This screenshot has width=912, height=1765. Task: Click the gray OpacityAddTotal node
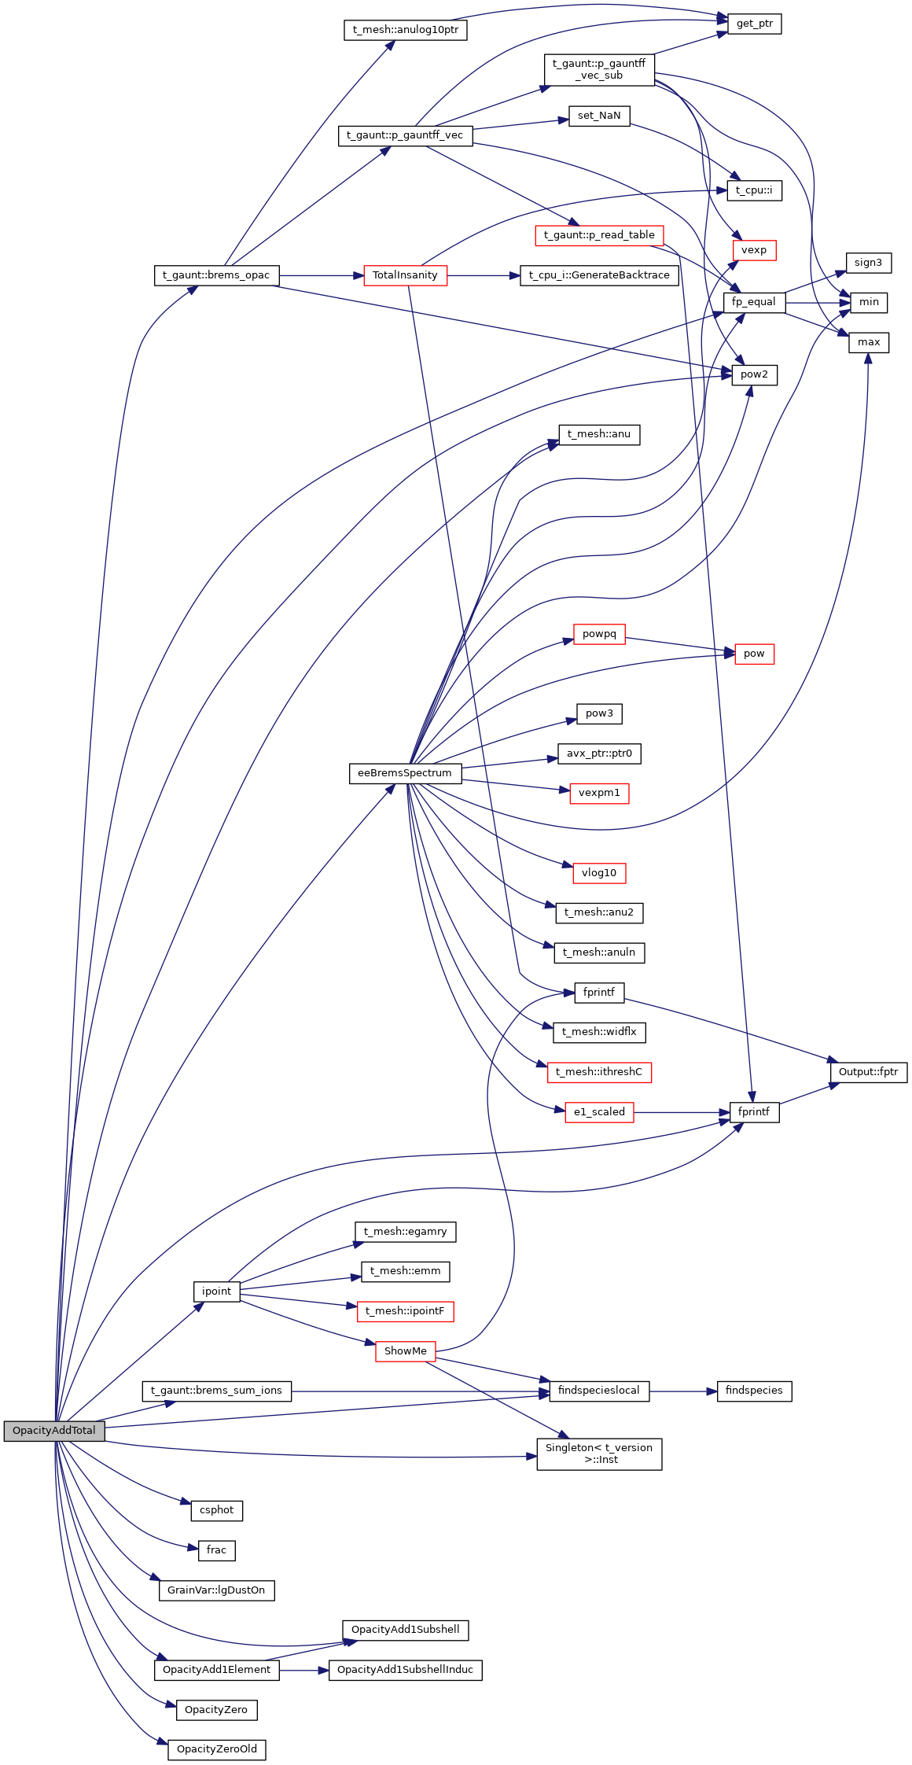(53, 1431)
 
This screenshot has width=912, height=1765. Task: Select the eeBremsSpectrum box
(405, 773)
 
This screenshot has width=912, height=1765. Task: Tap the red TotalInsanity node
(405, 275)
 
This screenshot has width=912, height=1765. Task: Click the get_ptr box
(754, 24)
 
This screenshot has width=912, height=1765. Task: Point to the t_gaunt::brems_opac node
(216, 275)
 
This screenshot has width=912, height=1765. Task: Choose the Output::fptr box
(868, 1072)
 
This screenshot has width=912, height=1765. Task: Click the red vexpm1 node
(599, 793)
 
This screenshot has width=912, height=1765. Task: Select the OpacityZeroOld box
(217, 1749)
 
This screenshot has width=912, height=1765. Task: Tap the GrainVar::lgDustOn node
(216, 1590)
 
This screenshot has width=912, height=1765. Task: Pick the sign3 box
(868, 263)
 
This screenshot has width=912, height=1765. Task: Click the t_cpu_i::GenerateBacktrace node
(599, 275)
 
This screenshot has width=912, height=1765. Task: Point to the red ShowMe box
(406, 1351)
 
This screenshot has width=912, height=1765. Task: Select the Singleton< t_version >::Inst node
(599, 1454)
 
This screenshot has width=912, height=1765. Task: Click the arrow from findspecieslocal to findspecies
(683, 1391)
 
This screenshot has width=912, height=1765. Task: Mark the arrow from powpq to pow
(680, 645)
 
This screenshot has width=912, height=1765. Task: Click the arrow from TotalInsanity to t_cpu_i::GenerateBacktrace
(484, 276)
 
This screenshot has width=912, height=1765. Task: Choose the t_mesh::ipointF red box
(405, 1311)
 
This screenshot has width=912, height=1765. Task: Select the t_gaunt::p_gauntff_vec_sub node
(599, 69)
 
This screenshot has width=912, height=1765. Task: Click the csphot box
(217, 1510)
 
